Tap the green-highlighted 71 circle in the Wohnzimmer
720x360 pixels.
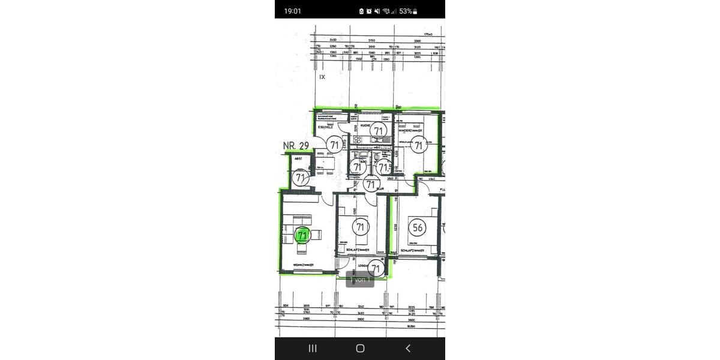(x=302, y=236)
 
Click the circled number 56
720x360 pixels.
(x=417, y=227)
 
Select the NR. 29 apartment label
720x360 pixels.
(x=295, y=146)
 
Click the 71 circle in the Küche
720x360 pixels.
(x=377, y=130)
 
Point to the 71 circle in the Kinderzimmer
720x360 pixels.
(x=419, y=145)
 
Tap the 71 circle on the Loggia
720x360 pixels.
(x=376, y=268)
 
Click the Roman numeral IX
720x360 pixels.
(x=322, y=77)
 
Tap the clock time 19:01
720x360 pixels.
(x=293, y=11)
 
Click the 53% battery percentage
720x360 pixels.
(x=406, y=11)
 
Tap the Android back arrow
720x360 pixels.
(x=408, y=348)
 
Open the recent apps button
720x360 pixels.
(x=312, y=348)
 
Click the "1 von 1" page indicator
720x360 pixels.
(x=360, y=280)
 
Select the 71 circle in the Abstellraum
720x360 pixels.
(x=301, y=178)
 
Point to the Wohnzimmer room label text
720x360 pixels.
(x=303, y=264)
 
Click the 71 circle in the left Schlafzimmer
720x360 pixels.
(x=361, y=227)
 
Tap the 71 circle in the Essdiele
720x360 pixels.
(x=334, y=145)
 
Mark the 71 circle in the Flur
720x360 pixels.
(x=371, y=185)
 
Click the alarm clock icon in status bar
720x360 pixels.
(x=369, y=11)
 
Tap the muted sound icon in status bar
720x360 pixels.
(x=377, y=11)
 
